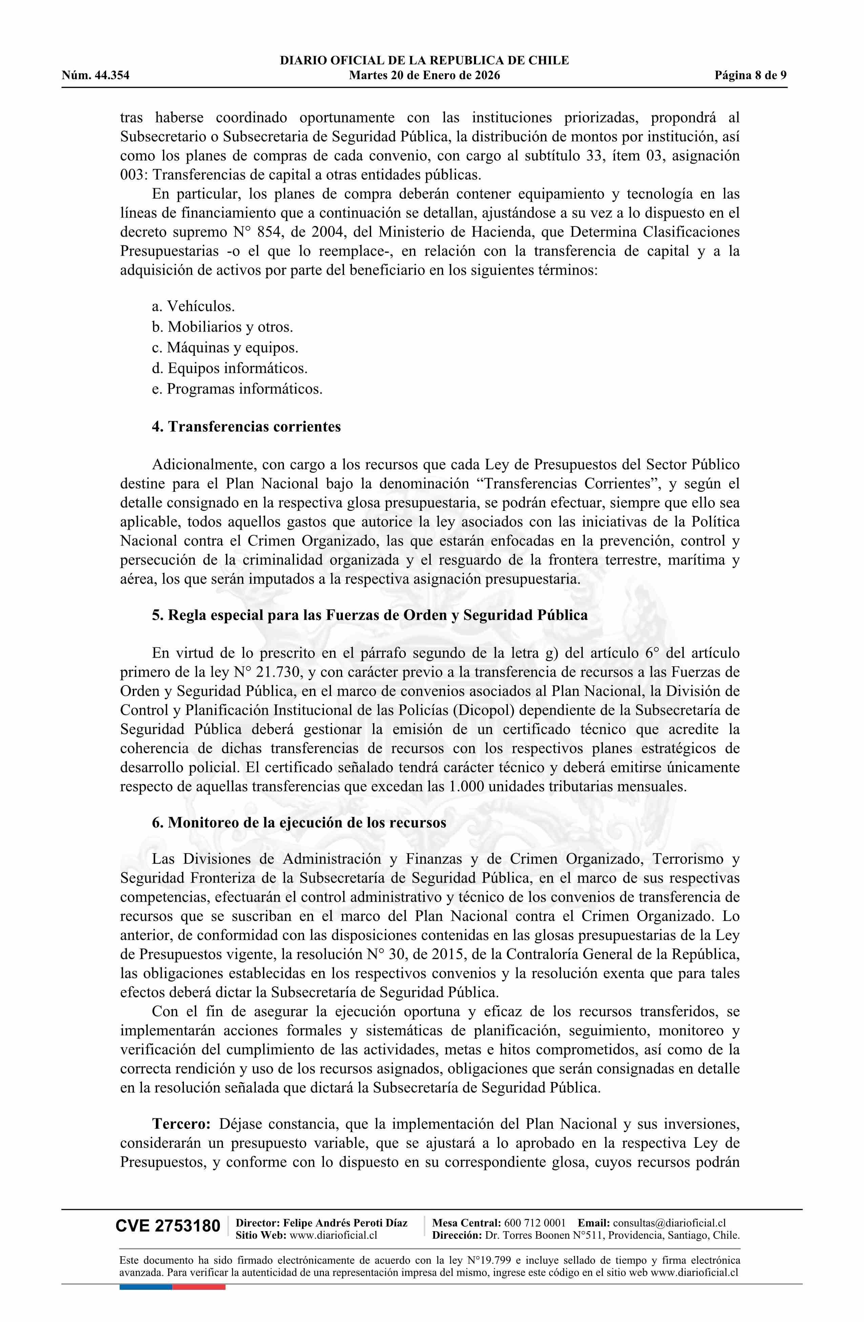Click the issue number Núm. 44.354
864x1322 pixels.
tap(96, 76)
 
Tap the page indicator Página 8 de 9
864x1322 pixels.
tap(750, 76)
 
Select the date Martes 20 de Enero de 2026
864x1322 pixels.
tap(424, 76)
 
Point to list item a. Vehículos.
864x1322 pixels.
tap(193, 306)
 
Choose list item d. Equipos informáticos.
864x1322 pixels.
tap(229, 368)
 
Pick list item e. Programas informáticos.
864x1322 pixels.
tap(237, 389)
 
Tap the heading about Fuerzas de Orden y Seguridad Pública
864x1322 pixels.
tap(370, 616)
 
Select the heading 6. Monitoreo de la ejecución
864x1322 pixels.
tap(299, 823)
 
